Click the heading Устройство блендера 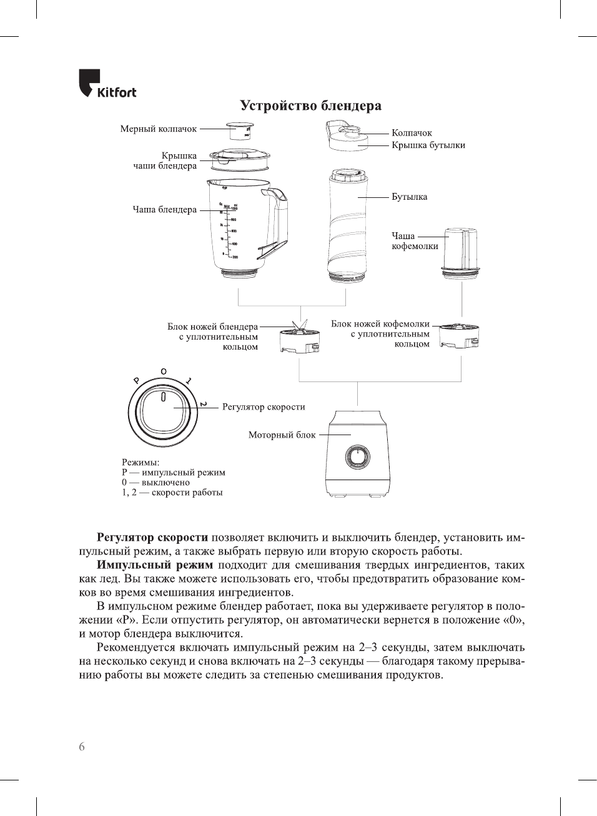click(x=310, y=106)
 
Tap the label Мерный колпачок click(x=158, y=129)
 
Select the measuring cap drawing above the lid click(x=239, y=131)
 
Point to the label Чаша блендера click(x=164, y=210)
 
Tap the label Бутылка click(x=409, y=197)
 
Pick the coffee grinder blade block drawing click(x=459, y=336)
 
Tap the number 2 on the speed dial click(x=204, y=405)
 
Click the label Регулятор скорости click(x=264, y=407)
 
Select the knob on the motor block click(x=358, y=457)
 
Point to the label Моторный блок click(x=282, y=435)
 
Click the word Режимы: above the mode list click(x=141, y=463)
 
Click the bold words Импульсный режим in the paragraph click(x=155, y=565)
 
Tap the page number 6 click(x=82, y=747)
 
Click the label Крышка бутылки click(x=428, y=145)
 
